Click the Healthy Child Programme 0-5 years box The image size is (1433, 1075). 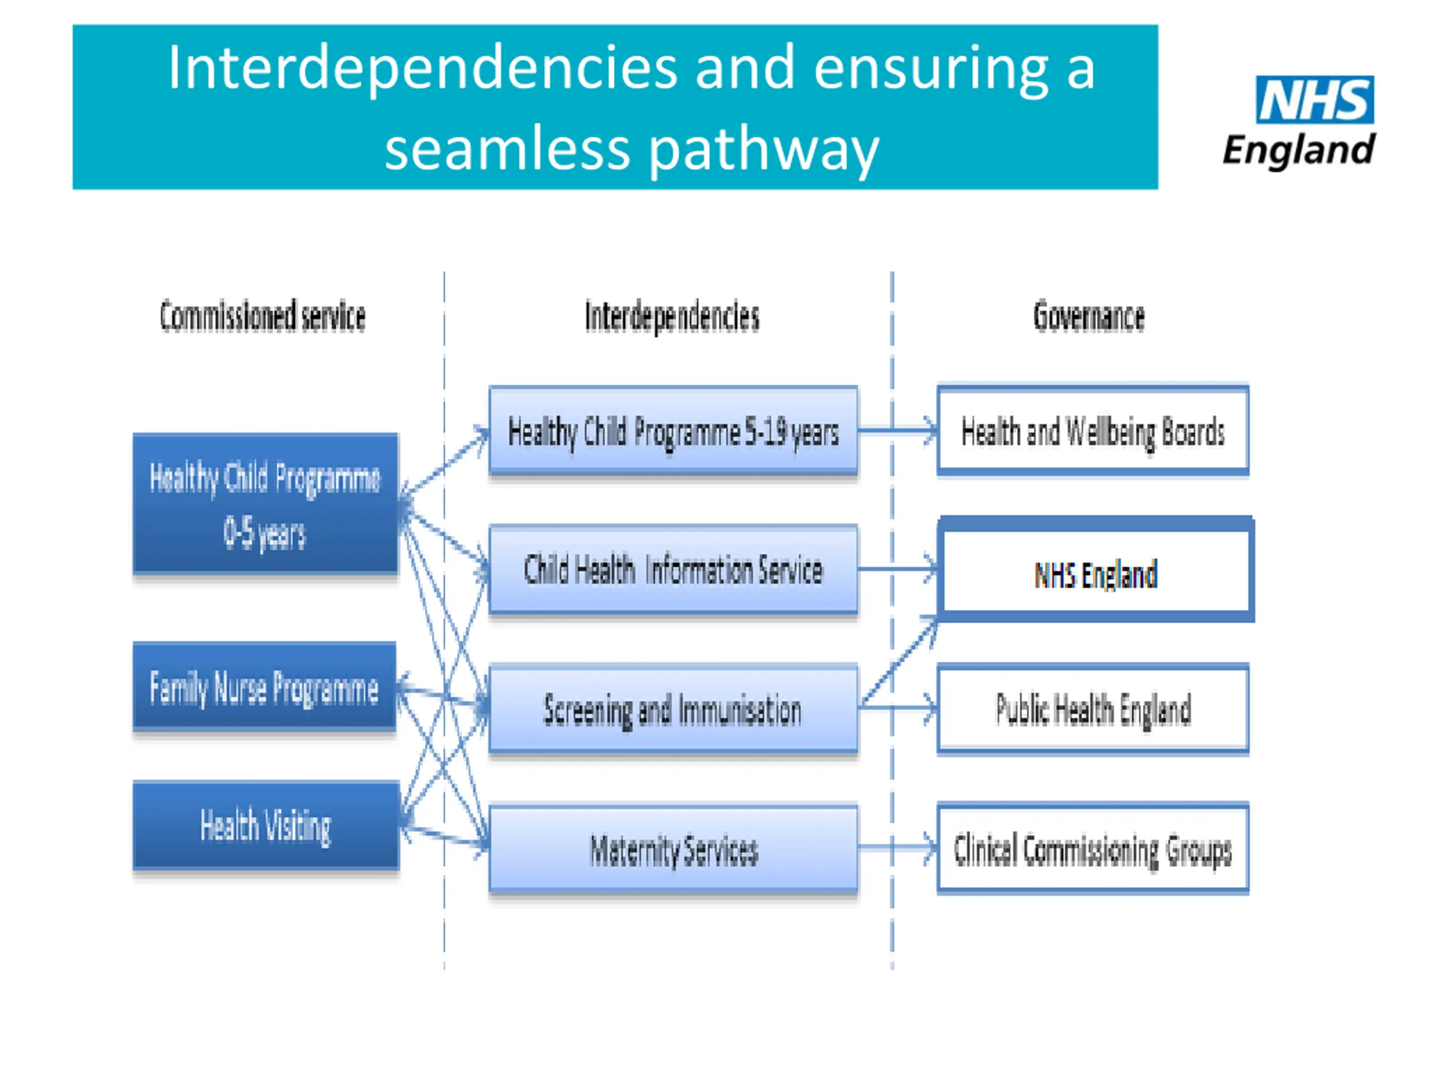tap(266, 503)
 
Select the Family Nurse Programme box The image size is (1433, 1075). tap(264, 686)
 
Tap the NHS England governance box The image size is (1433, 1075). tap(1095, 569)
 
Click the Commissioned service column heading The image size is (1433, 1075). tap(263, 317)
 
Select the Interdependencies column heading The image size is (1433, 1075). tap(672, 317)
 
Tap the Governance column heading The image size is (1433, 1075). tap(1089, 316)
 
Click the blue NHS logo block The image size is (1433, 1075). tap(1314, 99)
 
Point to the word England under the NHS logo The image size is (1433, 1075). tap(1299, 150)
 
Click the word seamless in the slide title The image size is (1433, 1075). tap(507, 149)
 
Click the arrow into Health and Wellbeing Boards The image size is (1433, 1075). tap(898, 429)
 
